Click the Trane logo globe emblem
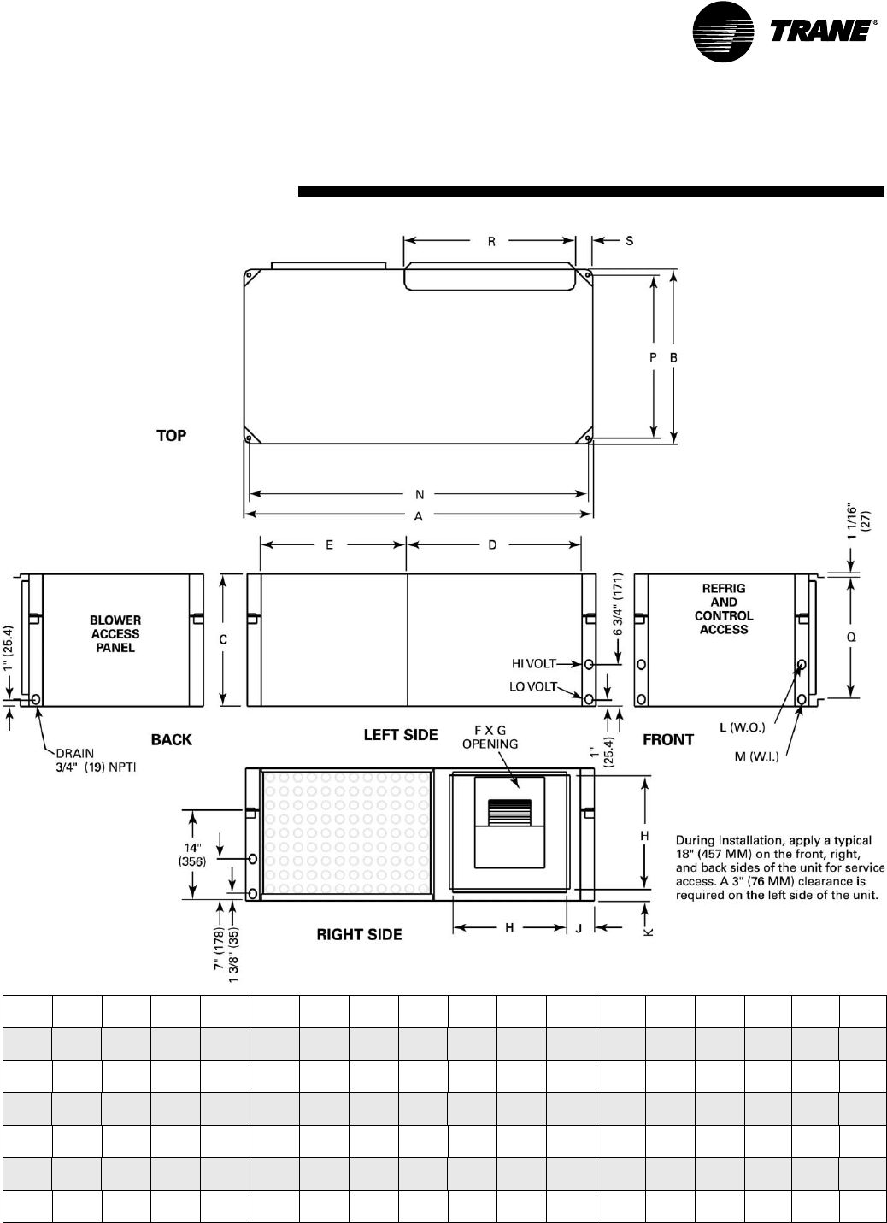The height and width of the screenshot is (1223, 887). [723, 32]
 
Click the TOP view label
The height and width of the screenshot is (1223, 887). [172, 436]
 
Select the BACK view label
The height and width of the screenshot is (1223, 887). [172, 740]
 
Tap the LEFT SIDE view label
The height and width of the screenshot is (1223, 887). [401, 735]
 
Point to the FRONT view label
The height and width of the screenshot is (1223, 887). [668, 740]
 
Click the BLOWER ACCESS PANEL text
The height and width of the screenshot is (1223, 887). [115, 634]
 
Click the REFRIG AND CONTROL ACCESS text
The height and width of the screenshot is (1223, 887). [724, 609]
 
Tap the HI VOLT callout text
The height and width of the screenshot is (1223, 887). [533, 663]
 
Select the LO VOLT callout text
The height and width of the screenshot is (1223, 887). [533, 686]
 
